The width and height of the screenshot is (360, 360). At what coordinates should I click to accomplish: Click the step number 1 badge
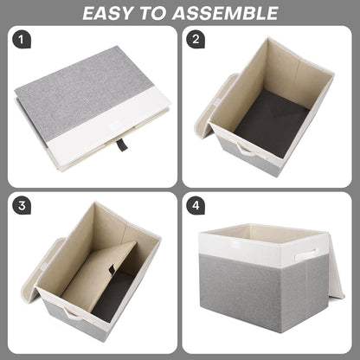pos(22,40)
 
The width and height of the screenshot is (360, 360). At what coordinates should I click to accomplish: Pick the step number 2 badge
pos(197,40)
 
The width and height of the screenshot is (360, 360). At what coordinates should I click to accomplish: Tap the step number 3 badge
pos(22,208)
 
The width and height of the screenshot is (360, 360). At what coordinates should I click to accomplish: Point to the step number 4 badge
pos(197,208)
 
